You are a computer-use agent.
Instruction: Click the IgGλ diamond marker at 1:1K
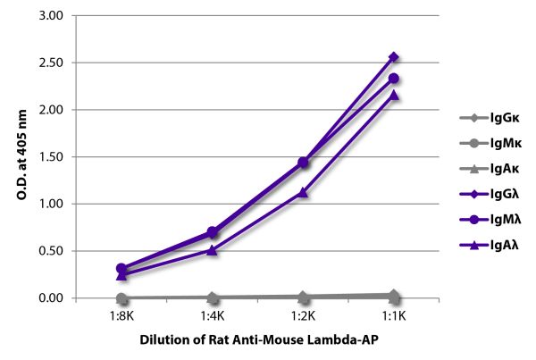pos(394,57)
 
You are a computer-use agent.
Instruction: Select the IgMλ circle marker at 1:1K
pos(394,79)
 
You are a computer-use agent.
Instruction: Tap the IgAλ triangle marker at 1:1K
pos(394,95)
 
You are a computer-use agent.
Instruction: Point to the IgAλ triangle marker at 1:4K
pos(212,249)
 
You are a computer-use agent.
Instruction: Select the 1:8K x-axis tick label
pos(121,315)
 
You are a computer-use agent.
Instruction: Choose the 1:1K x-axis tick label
pos(394,315)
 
